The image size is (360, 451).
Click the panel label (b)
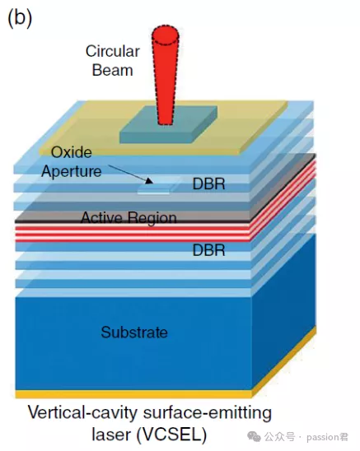coord(20,18)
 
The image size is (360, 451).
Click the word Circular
coord(113,52)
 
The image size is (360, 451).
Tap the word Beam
coord(112,71)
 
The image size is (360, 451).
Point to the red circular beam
coord(166,76)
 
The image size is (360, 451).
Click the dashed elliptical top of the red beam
coord(166,35)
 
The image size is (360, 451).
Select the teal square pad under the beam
coord(169,124)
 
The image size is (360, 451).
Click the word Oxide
coord(72,152)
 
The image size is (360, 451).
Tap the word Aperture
coord(72,171)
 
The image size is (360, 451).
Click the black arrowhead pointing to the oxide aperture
coord(148,180)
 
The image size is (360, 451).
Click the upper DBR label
coord(208,184)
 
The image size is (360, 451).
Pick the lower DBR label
coord(208,250)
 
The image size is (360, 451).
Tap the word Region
coord(152,218)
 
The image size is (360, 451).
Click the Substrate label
coord(134,332)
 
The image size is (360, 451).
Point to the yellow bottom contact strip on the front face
coord(133,394)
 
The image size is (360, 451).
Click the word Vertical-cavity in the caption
coord(82,413)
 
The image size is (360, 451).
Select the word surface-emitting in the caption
coord(208,414)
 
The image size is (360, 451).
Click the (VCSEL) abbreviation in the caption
coord(171,435)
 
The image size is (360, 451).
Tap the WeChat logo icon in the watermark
coord(254,437)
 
